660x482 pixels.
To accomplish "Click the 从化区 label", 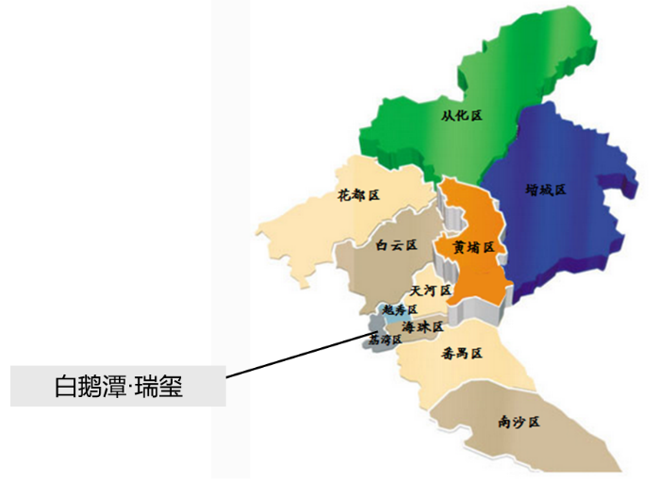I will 461,115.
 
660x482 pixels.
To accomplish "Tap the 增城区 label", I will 546,189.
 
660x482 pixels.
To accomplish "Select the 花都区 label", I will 357,195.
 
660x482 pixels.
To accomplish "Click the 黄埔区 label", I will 473,247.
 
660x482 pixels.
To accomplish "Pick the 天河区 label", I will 431,290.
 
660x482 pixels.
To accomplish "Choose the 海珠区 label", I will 421,326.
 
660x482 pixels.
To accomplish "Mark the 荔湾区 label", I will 384,339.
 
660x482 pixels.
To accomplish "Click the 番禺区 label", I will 461,354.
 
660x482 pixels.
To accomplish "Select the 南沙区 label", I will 518,423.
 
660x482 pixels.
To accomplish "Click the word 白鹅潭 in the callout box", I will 83,387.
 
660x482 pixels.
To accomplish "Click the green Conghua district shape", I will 509,75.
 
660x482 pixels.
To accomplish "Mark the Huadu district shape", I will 311,226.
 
